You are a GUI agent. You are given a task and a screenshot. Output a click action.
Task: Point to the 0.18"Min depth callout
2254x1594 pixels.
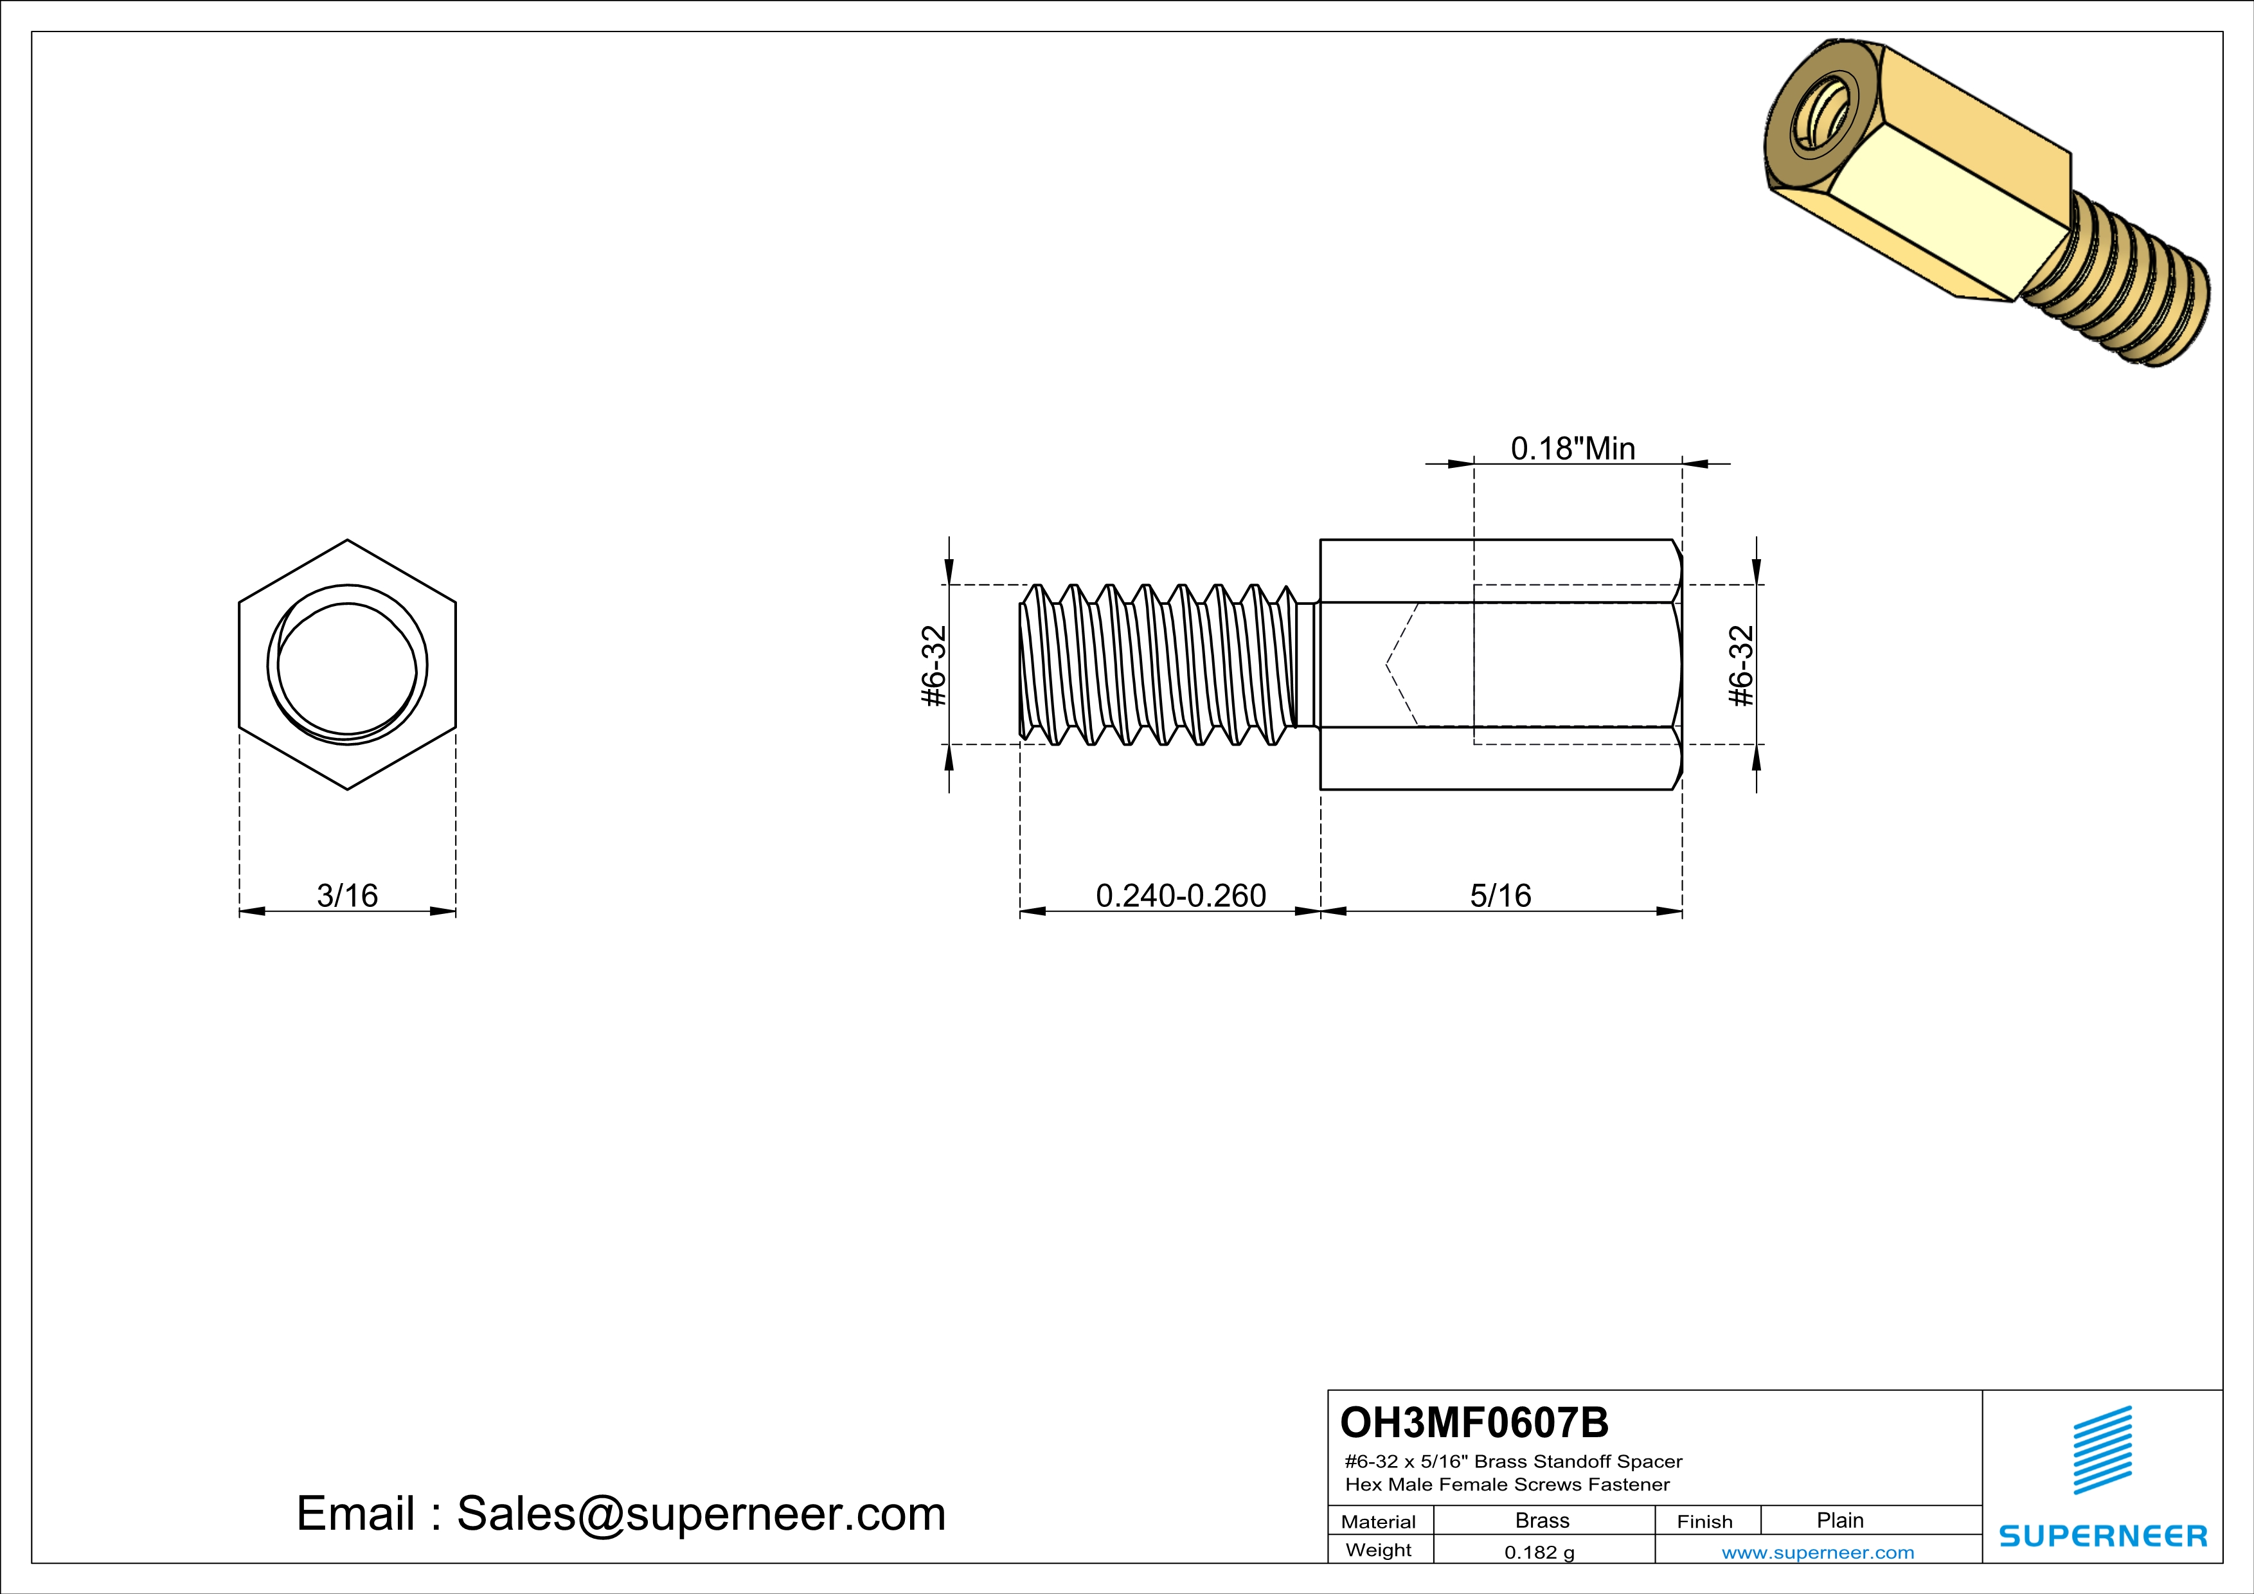[1573, 449]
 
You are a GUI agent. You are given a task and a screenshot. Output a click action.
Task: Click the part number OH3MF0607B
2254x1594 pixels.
[1474, 1422]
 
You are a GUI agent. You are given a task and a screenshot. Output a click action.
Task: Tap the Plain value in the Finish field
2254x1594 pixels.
[1839, 1520]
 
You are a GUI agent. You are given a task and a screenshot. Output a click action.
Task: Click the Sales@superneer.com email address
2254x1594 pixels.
[701, 1514]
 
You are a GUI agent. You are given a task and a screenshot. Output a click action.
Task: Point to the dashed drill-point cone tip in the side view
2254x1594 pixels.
[1387, 665]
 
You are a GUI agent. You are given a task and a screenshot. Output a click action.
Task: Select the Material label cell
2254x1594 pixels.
[1379, 1521]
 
